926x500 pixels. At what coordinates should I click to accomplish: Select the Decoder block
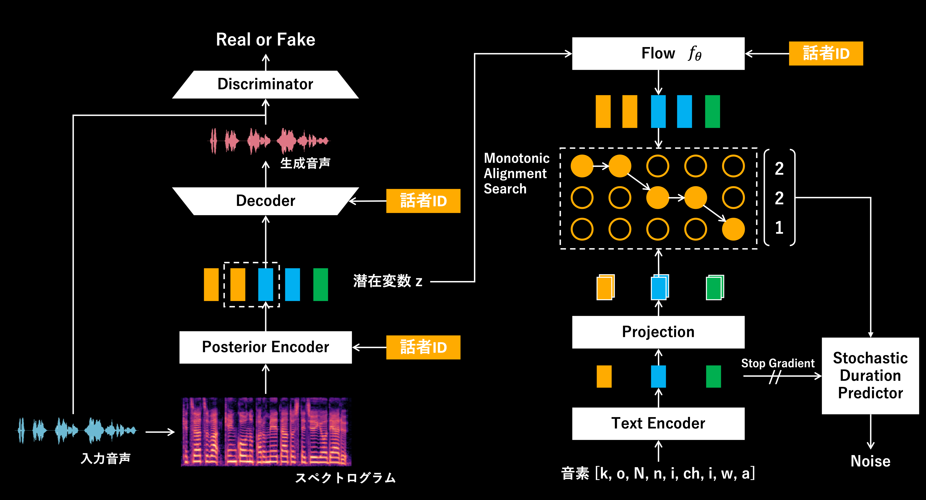265,201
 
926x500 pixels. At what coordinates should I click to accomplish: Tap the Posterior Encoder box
265,347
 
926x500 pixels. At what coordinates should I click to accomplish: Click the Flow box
658,53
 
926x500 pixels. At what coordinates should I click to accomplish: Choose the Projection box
658,332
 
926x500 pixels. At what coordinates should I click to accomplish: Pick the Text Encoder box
658,423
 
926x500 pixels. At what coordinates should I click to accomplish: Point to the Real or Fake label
265,40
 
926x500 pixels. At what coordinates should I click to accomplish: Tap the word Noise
870,461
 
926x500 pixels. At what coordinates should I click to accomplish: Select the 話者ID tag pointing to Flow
826,53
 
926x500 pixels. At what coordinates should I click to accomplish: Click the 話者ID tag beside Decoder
423,201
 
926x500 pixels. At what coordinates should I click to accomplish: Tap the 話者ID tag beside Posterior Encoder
423,347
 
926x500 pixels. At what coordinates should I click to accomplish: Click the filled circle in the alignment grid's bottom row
733,229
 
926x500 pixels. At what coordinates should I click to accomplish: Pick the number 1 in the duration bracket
779,228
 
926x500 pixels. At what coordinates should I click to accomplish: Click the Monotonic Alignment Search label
516,173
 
